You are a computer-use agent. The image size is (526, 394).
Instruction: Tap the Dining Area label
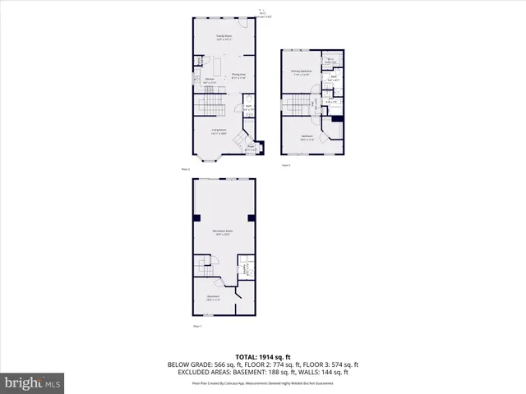239,76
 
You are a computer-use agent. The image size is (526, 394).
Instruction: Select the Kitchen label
210,81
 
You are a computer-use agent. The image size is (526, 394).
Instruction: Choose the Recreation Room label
221,232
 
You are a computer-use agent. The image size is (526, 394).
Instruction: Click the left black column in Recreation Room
197,218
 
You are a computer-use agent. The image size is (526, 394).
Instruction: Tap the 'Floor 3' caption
286,165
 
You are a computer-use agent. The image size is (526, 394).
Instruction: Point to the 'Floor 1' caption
196,326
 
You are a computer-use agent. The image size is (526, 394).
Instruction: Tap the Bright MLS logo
33,383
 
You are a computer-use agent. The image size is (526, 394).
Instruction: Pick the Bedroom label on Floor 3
307,136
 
